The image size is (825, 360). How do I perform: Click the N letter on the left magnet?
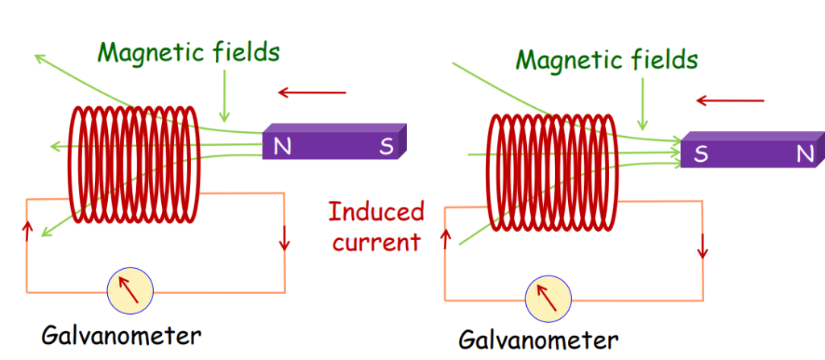pyautogui.click(x=282, y=147)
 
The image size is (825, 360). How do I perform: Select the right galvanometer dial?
pyautogui.click(x=549, y=300)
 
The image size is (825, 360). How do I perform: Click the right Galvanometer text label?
pyautogui.click(x=538, y=338)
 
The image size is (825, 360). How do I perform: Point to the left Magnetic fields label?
pyautogui.click(x=189, y=53)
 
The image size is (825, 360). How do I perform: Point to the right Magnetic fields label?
pyautogui.click(x=607, y=60)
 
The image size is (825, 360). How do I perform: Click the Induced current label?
pyautogui.click(x=376, y=226)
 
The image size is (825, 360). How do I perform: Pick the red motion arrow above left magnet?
pyautogui.click(x=312, y=93)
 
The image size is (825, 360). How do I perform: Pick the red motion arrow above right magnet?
pyautogui.click(x=730, y=101)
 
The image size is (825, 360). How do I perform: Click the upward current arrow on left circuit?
pyautogui.click(x=30, y=233)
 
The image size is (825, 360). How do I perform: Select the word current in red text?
pyautogui.click(x=376, y=242)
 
